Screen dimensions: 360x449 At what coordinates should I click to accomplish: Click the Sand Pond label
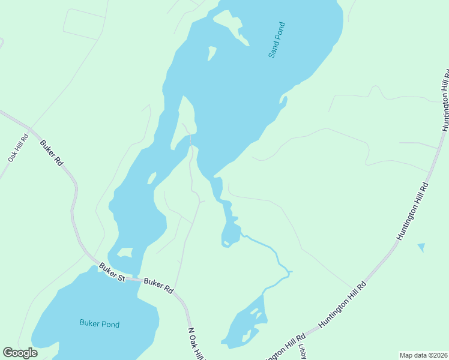276,40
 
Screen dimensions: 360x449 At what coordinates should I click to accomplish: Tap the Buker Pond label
100,324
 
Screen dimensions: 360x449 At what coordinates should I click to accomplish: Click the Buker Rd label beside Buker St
159,285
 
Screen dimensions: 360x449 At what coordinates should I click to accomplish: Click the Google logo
20,353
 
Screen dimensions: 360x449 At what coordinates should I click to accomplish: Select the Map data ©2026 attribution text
423,355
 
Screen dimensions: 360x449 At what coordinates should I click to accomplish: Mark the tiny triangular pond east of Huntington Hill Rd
421,247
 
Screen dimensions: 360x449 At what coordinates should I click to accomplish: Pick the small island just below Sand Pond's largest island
211,53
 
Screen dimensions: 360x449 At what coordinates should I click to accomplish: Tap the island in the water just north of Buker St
125,253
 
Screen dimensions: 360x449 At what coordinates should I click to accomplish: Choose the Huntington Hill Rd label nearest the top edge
445,100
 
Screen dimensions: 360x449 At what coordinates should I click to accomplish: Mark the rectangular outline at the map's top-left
83,24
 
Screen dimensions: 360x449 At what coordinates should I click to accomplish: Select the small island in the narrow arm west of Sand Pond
152,178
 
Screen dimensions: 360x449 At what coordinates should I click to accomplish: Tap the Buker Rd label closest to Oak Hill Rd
52,153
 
